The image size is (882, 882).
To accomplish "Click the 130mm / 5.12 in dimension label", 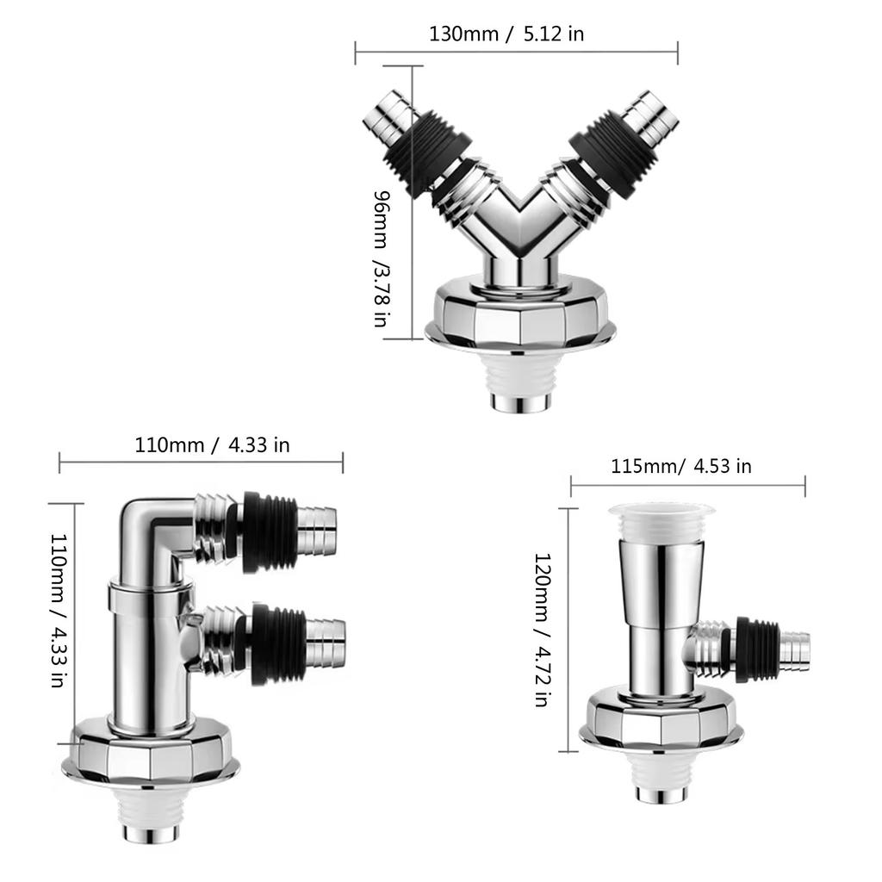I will [x=506, y=34].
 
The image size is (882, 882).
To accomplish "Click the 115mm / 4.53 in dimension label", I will [x=680, y=466].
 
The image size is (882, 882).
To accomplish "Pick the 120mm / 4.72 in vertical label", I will [x=541, y=630].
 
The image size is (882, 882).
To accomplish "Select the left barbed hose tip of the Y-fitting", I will [x=387, y=118].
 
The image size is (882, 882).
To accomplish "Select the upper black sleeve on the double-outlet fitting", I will [x=269, y=531].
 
